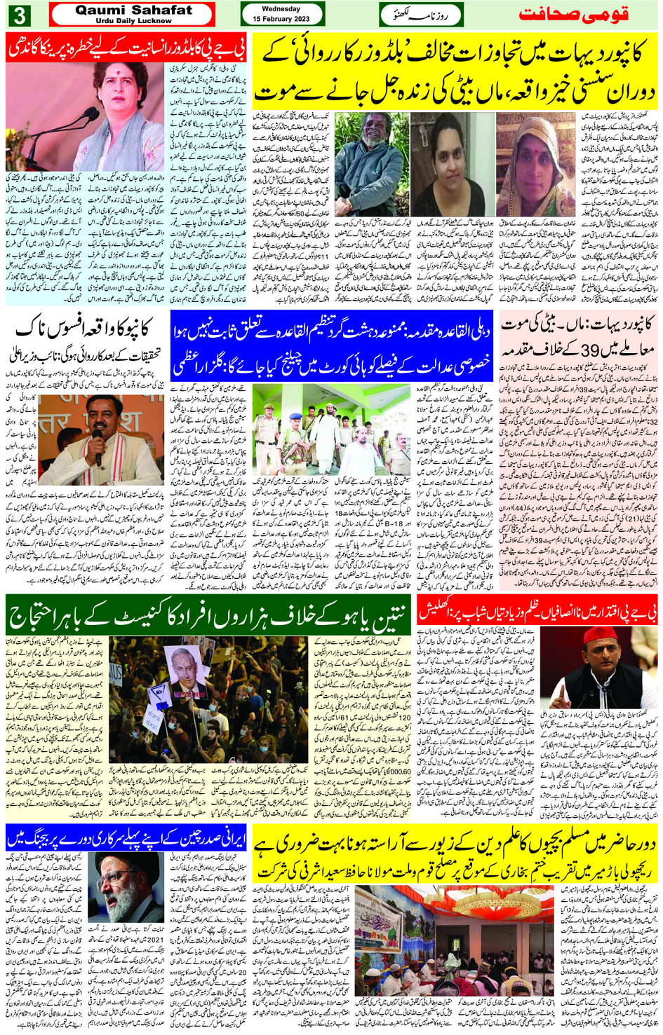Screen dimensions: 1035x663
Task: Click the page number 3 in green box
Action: click(x=21, y=15)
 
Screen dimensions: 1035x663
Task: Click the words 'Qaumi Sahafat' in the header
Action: click(x=133, y=10)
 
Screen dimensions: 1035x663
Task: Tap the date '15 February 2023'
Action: click(x=281, y=19)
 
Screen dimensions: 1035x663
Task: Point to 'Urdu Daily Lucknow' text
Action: click(x=133, y=21)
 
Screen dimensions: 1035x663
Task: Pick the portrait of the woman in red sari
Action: click(x=535, y=165)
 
